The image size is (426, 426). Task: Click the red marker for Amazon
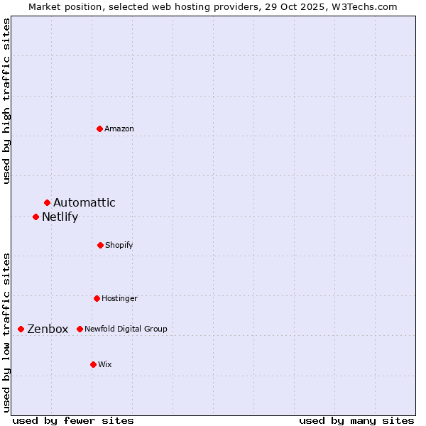[x=99, y=129]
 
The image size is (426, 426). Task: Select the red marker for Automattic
[x=47, y=203]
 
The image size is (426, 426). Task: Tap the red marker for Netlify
[x=35, y=217]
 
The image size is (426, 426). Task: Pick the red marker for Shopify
[x=100, y=245]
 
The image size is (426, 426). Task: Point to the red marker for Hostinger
[x=97, y=298]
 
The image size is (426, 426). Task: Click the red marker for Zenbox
[x=21, y=329]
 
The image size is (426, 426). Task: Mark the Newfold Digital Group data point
[x=80, y=329]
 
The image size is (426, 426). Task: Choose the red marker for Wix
[x=93, y=364]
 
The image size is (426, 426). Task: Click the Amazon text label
[x=119, y=129]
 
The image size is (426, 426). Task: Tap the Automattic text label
[x=84, y=203]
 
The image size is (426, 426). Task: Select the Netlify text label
[x=60, y=217]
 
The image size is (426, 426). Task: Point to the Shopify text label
[x=119, y=245]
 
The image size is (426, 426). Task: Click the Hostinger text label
[x=119, y=298]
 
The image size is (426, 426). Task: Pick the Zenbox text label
[x=48, y=329]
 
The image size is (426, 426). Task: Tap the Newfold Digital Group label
[x=126, y=329]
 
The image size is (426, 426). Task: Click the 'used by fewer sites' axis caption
[x=73, y=420]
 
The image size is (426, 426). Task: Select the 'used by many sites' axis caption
[x=356, y=420]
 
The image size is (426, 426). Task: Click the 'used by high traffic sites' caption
[x=6, y=101]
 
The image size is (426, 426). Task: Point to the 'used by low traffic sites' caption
[x=6, y=332]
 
